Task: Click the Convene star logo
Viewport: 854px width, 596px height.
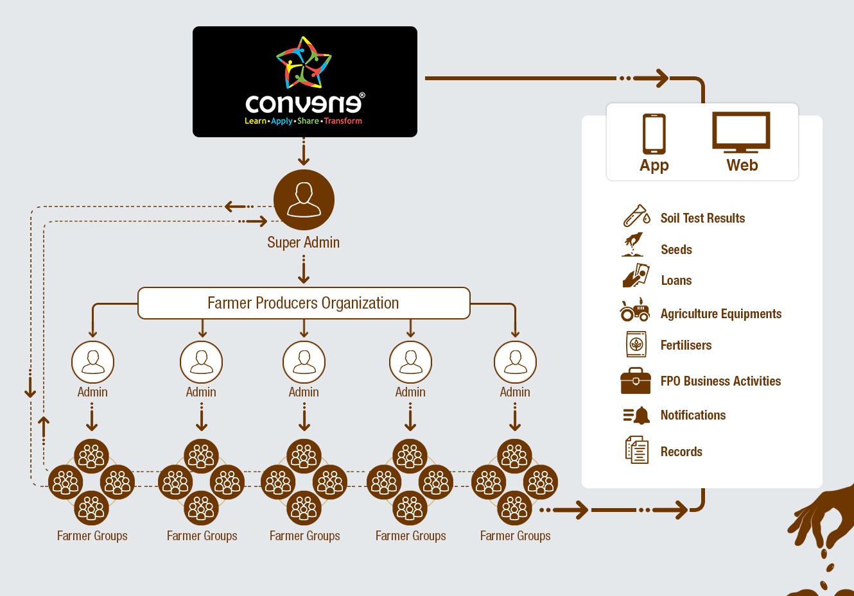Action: pyautogui.click(x=304, y=63)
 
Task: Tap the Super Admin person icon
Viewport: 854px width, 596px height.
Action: pyautogui.click(x=304, y=200)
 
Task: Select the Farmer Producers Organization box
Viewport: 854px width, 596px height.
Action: pyautogui.click(x=304, y=303)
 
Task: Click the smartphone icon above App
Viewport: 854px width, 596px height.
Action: pyautogui.click(x=654, y=133)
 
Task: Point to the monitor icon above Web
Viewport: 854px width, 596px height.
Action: pyautogui.click(x=741, y=132)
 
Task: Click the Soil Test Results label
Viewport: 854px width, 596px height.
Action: pyautogui.click(x=702, y=218)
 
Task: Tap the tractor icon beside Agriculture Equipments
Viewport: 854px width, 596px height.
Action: pyautogui.click(x=635, y=311)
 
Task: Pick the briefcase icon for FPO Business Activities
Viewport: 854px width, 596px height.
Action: pyautogui.click(x=636, y=380)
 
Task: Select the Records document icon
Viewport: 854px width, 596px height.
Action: pyautogui.click(x=637, y=450)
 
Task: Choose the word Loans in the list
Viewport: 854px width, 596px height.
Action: pyautogui.click(x=676, y=280)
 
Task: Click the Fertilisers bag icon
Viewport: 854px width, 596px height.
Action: pyautogui.click(x=636, y=345)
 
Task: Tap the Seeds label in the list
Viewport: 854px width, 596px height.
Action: pyautogui.click(x=676, y=250)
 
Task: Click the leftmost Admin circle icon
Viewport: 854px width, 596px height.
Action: pyautogui.click(x=92, y=362)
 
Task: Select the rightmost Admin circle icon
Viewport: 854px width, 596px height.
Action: pyautogui.click(x=515, y=362)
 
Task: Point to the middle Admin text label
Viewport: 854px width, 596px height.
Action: pyautogui.click(x=304, y=392)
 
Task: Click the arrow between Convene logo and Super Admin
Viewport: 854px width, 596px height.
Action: pyautogui.click(x=304, y=153)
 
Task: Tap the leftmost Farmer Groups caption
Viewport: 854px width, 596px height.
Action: pyautogui.click(x=92, y=536)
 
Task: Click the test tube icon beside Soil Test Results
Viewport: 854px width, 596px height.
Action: pyautogui.click(x=636, y=216)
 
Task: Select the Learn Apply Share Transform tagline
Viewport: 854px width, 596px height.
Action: pyautogui.click(x=303, y=121)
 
